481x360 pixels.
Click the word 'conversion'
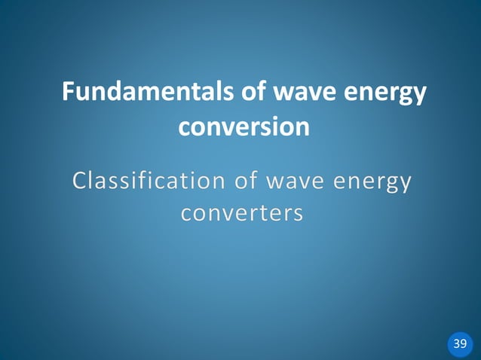point(243,127)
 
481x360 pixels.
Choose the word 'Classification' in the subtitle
point(147,182)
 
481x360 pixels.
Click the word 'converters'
point(242,214)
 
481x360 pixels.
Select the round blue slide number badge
point(460,344)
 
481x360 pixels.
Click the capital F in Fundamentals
point(69,93)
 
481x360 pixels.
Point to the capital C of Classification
point(80,182)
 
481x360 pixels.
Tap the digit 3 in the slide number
point(456,344)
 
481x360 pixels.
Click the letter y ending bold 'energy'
point(418,96)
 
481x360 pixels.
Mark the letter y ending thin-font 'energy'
point(406,185)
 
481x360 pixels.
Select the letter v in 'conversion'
point(233,127)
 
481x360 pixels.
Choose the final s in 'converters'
point(299,215)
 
